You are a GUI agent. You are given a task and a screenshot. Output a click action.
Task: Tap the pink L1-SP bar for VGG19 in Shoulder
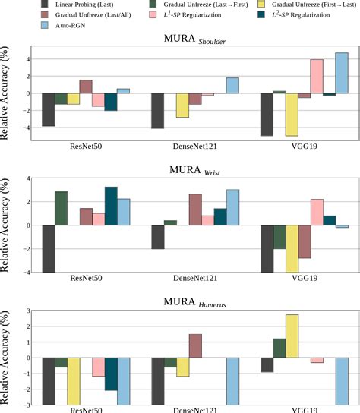click(x=317, y=76)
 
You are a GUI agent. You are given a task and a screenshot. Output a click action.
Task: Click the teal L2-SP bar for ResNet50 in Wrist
click(x=111, y=206)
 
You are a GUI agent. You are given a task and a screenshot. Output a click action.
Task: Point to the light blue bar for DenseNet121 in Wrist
click(x=232, y=207)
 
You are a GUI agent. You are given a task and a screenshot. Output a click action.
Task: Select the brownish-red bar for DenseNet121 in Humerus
click(x=195, y=345)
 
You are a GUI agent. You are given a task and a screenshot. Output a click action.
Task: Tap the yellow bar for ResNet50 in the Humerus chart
click(x=74, y=381)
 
